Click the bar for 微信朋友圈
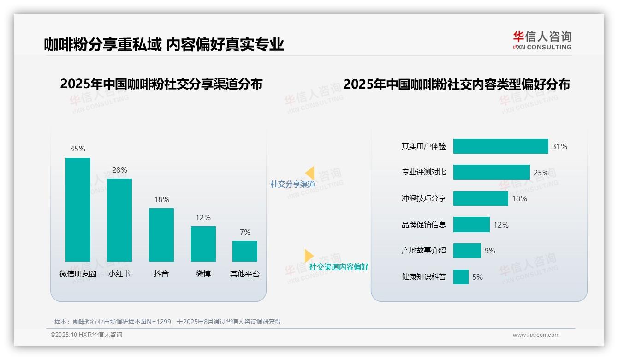78,210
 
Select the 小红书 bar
119,220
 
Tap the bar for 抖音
161,234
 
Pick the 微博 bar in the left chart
203,244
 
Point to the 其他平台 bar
245,251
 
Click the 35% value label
78,149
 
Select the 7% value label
245,232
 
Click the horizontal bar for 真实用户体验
500,146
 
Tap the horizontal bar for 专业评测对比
491,172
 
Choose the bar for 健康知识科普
461,277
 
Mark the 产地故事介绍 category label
424,251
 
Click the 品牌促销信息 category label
424,225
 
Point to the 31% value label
559,146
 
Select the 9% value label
490,251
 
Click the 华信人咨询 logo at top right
542,40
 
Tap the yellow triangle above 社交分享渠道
310,173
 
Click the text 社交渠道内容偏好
339,267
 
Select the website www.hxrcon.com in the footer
536,335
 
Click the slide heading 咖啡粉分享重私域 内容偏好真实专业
164,44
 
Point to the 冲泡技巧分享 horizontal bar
481,198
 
